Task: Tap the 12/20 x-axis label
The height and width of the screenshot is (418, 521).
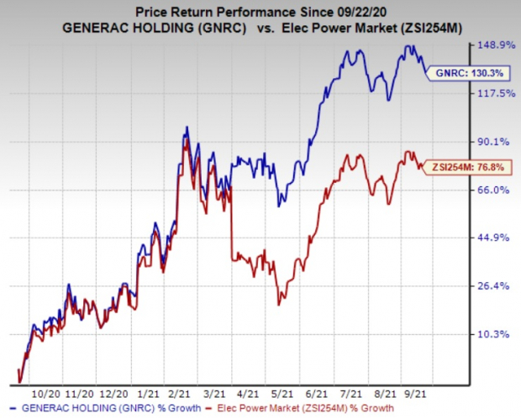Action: click(x=113, y=393)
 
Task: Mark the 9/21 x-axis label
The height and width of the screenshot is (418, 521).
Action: click(x=415, y=393)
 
